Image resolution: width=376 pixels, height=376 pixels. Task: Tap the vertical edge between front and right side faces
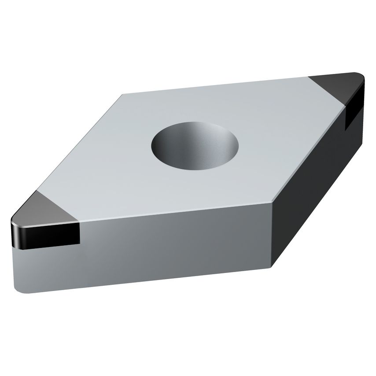[x=273, y=238]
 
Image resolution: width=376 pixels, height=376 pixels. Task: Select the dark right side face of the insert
[x=313, y=185]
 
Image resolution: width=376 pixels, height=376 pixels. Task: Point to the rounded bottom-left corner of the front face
[x=20, y=288]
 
